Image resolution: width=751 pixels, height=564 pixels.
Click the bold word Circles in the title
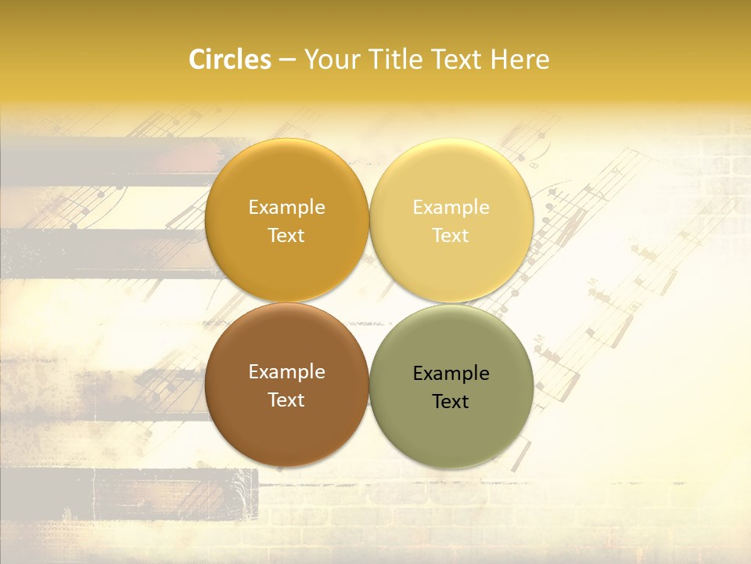click(x=230, y=60)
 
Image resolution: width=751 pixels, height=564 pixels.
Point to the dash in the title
click(x=287, y=60)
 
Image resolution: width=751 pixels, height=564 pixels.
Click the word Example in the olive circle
click(x=451, y=374)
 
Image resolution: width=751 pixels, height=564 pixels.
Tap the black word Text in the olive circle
click(x=451, y=402)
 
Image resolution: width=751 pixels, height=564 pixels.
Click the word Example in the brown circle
click(x=286, y=372)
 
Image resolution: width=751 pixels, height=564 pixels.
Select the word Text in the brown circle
click(x=286, y=400)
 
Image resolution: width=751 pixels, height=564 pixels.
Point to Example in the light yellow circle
click(x=451, y=208)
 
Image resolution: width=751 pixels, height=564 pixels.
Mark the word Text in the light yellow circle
click(x=451, y=236)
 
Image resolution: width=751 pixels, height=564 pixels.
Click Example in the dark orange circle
click(x=286, y=208)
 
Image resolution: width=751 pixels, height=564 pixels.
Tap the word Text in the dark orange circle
click(x=286, y=236)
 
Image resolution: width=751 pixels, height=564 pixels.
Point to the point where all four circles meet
click(x=369, y=302)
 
